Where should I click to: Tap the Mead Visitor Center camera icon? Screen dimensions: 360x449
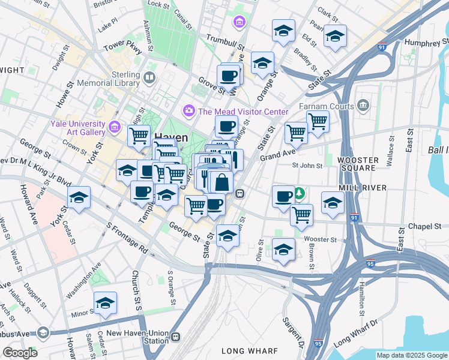pos(189,112)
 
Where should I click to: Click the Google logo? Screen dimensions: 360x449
pos(20,353)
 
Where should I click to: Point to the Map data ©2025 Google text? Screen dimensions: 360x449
pos(411,355)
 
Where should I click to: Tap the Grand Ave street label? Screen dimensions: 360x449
pos(276,156)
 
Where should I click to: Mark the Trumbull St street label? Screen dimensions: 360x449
pos(226,41)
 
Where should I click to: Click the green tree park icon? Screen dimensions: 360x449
pos(298,194)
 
